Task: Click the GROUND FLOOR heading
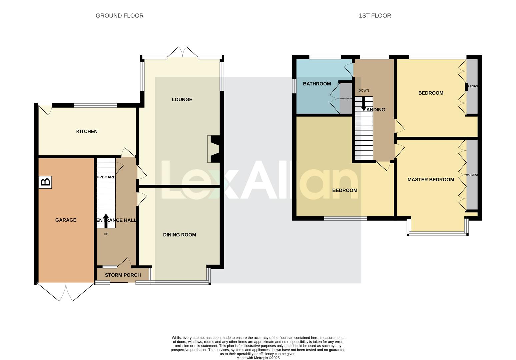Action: tap(119, 16)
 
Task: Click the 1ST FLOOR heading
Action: tap(375, 16)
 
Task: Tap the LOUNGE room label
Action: tap(182, 99)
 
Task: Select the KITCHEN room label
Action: tap(87, 131)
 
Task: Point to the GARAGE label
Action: tap(66, 220)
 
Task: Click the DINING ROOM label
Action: tap(179, 235)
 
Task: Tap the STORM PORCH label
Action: tap(123, 275)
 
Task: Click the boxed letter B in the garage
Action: tap(45, 182)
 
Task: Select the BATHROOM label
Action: tap(317, 84)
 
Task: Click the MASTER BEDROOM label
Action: tap(431, 180)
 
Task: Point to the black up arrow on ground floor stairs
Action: tap(106, 220)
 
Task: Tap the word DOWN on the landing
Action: tap(364, 90)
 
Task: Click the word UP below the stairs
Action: tap(106, 234)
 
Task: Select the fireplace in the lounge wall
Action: tap(213, 149)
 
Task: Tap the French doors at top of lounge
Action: tap(182, 53)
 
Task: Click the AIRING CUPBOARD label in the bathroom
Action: tap(346, 99)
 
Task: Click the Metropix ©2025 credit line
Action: tap(258, 358)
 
